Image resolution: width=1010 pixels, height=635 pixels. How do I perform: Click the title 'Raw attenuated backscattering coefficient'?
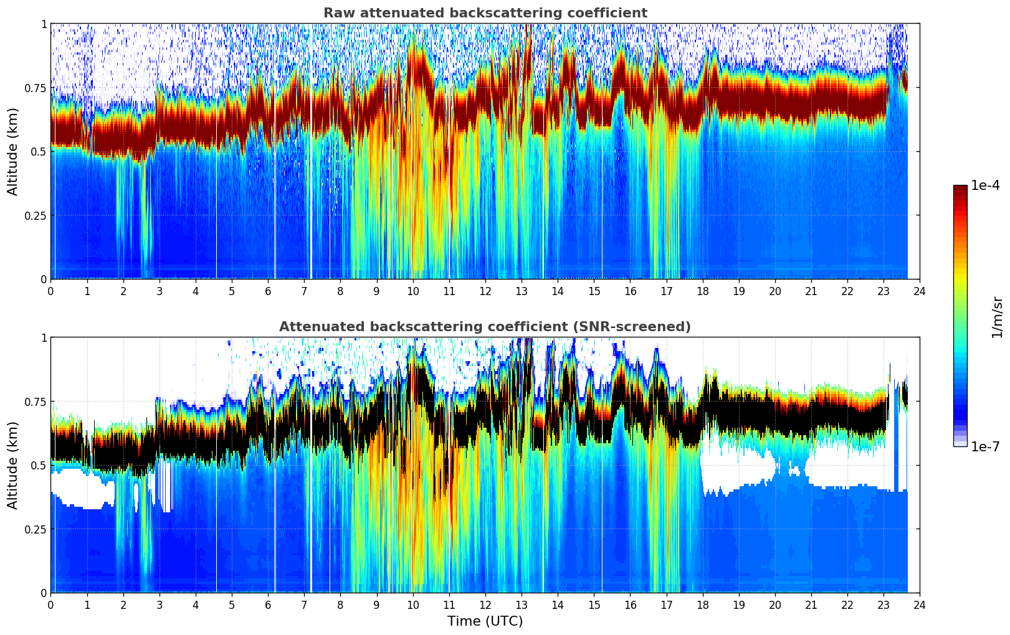pyautogui.click(x=485, y=13)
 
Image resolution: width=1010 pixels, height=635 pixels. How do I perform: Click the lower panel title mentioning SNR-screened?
pyautogui.click(x=485, y=327)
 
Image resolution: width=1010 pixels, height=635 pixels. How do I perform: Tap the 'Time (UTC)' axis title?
pyautogui.click(x=485, y=621)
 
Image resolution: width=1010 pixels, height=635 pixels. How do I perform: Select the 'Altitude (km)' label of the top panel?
pyautogui.click(x=13, y=151)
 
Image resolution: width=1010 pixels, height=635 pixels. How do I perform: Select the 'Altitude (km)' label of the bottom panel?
pyautogui.click(x=13, y=465)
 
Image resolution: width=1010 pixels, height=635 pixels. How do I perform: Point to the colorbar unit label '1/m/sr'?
pyautogui.click(x=997, y=317)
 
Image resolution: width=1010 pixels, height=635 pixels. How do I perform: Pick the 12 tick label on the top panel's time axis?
pyautogui.click(x=485, y=291)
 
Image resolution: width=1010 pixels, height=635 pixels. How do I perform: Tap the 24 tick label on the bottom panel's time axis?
pyautogui.click(x=920, y=604)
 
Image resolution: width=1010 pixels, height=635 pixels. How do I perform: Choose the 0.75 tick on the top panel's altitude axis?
pyautogui.click(x=36, y=88)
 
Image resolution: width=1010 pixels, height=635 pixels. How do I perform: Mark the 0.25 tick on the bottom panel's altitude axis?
pyautogui.click(x=36, y=529)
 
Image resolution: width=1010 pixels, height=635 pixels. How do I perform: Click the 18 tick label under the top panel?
pyautogui.click(x=702, y=291)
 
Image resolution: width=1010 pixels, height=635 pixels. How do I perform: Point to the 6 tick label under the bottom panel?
pyautogui.click(x=268, y=604)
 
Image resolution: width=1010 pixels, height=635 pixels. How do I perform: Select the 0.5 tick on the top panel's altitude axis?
pyautogui.click(x=39, y=151)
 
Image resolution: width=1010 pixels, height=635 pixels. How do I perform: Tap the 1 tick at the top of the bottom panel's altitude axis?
pyautogui.click(x=44, y=337)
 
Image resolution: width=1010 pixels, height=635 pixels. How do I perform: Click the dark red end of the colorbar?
pyautogui.click(x=960, y=189)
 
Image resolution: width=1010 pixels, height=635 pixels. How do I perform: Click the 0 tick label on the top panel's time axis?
pyautogui.click(x=50, y=291)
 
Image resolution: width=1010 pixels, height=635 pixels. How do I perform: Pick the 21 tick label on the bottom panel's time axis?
pyautogui.click(x=811, y=604)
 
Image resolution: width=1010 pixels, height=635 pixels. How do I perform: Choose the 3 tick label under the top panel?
pyautogui.click(x=160, y=291)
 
